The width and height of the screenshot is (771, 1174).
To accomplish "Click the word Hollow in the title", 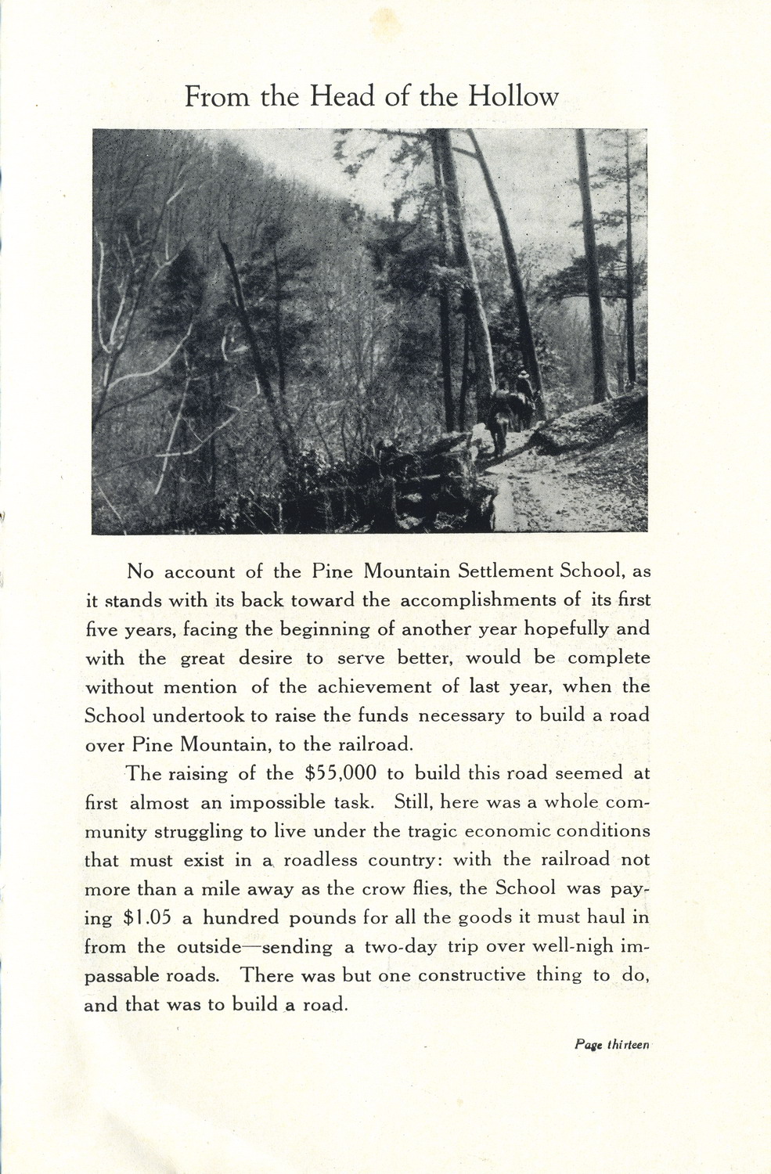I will click(x=513, y=97).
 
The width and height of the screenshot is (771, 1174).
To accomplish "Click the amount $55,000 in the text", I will click(x=340, y=774).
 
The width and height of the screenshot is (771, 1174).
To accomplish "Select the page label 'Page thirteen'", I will click(x=611, y=1044).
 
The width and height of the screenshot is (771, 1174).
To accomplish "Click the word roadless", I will click(x=319, y=860).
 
